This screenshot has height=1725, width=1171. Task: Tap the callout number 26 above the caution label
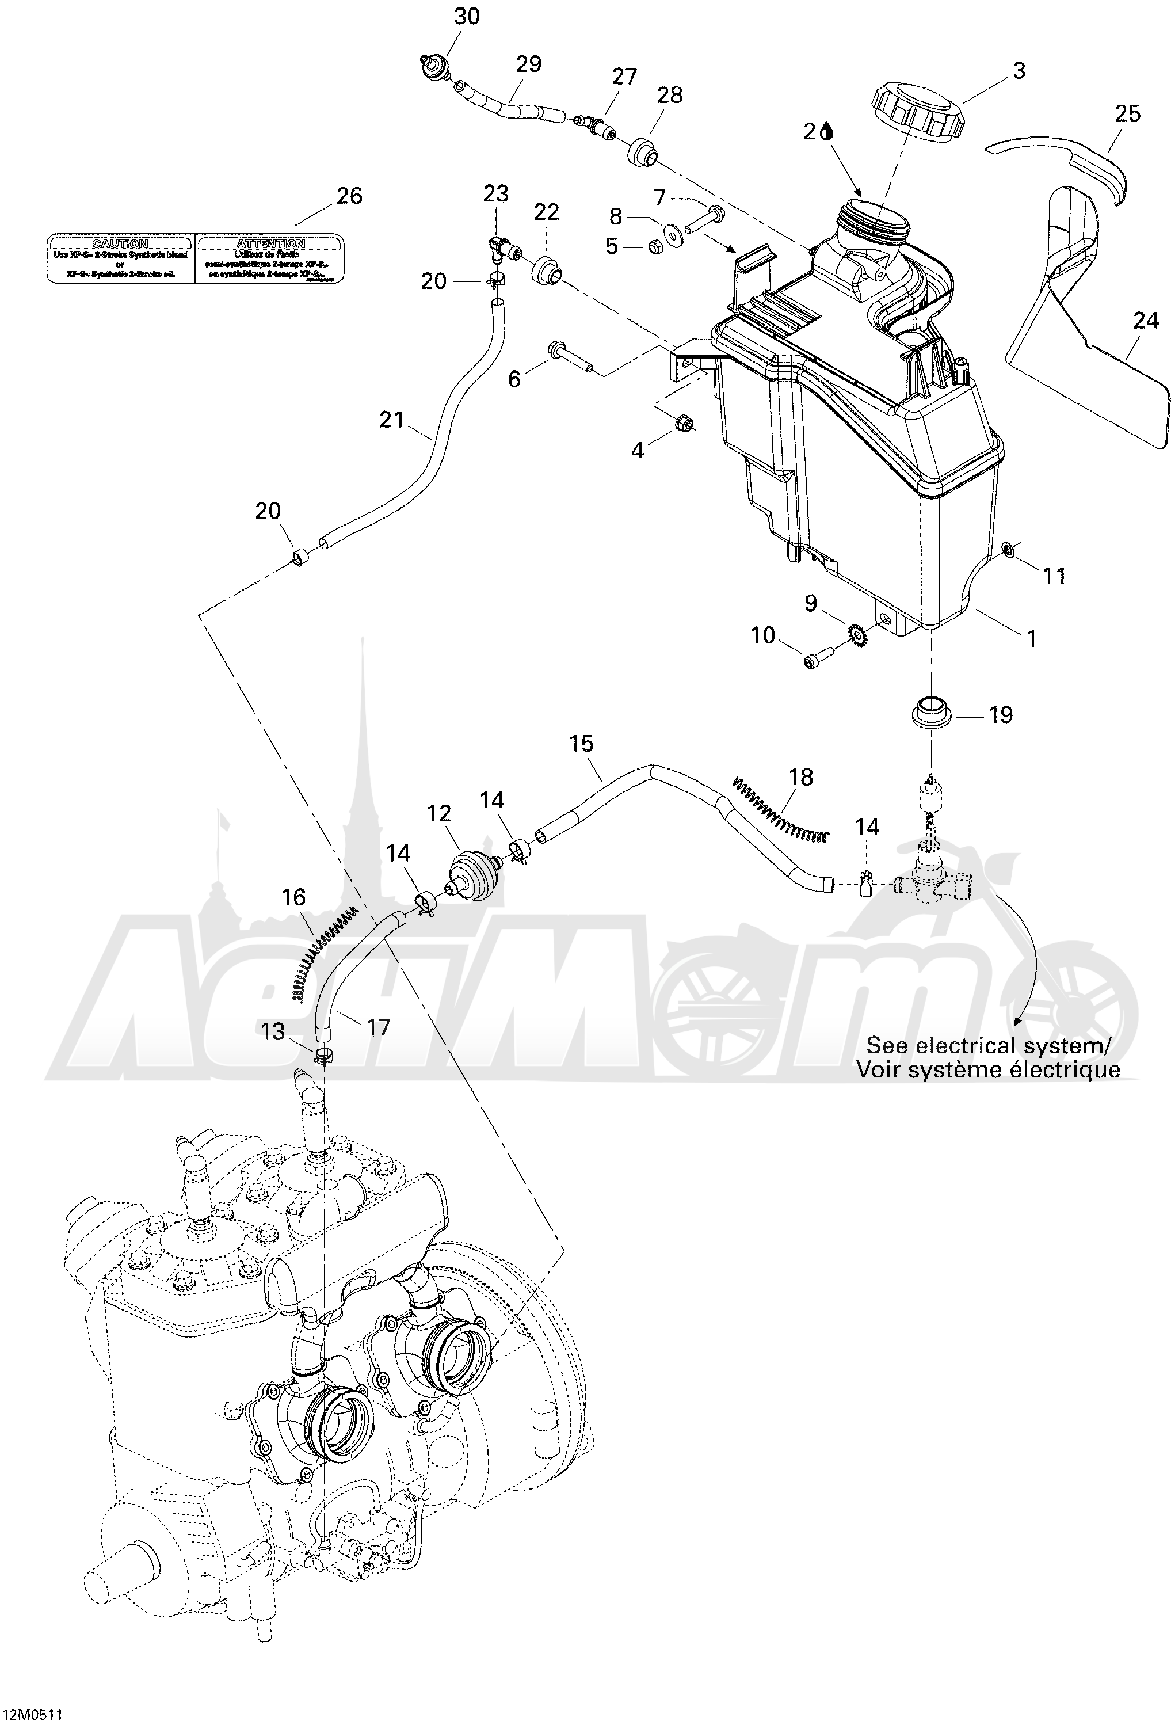tap(349, 196)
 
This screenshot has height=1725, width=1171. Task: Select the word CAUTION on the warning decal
tap(120, 243)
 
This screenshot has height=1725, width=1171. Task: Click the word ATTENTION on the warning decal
tap(270, 243)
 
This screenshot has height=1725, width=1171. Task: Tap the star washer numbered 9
tap(857, 635)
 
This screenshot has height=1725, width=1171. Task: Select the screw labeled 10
tap(817, 658)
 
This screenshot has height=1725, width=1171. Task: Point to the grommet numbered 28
tap(644, 151)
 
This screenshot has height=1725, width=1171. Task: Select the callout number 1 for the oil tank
tap(1030, 638)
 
